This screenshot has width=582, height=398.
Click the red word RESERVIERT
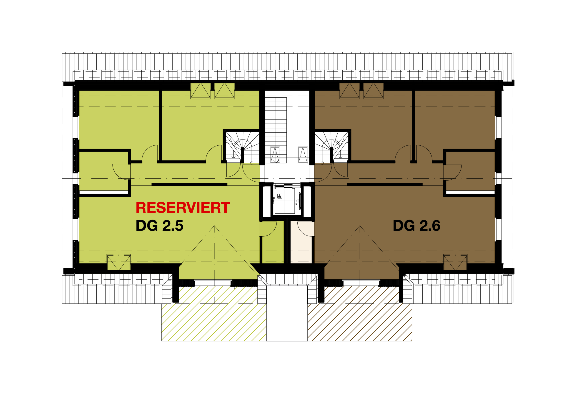point(183,208)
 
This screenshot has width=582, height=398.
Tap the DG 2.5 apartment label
point(159,226)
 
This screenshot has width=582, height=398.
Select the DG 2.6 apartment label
point(416,226)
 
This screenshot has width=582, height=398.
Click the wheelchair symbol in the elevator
point(280,196)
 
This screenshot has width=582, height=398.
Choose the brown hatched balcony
point(360,313)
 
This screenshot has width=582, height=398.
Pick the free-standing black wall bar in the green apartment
point(189,185)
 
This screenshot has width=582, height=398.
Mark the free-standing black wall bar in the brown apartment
point(384,185)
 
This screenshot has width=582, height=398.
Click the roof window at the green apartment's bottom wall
point(118,262)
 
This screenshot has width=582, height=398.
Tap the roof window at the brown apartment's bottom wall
point(455,262)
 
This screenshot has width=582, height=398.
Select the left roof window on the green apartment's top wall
point(200,91)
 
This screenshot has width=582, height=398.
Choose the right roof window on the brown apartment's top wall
point(373,91)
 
